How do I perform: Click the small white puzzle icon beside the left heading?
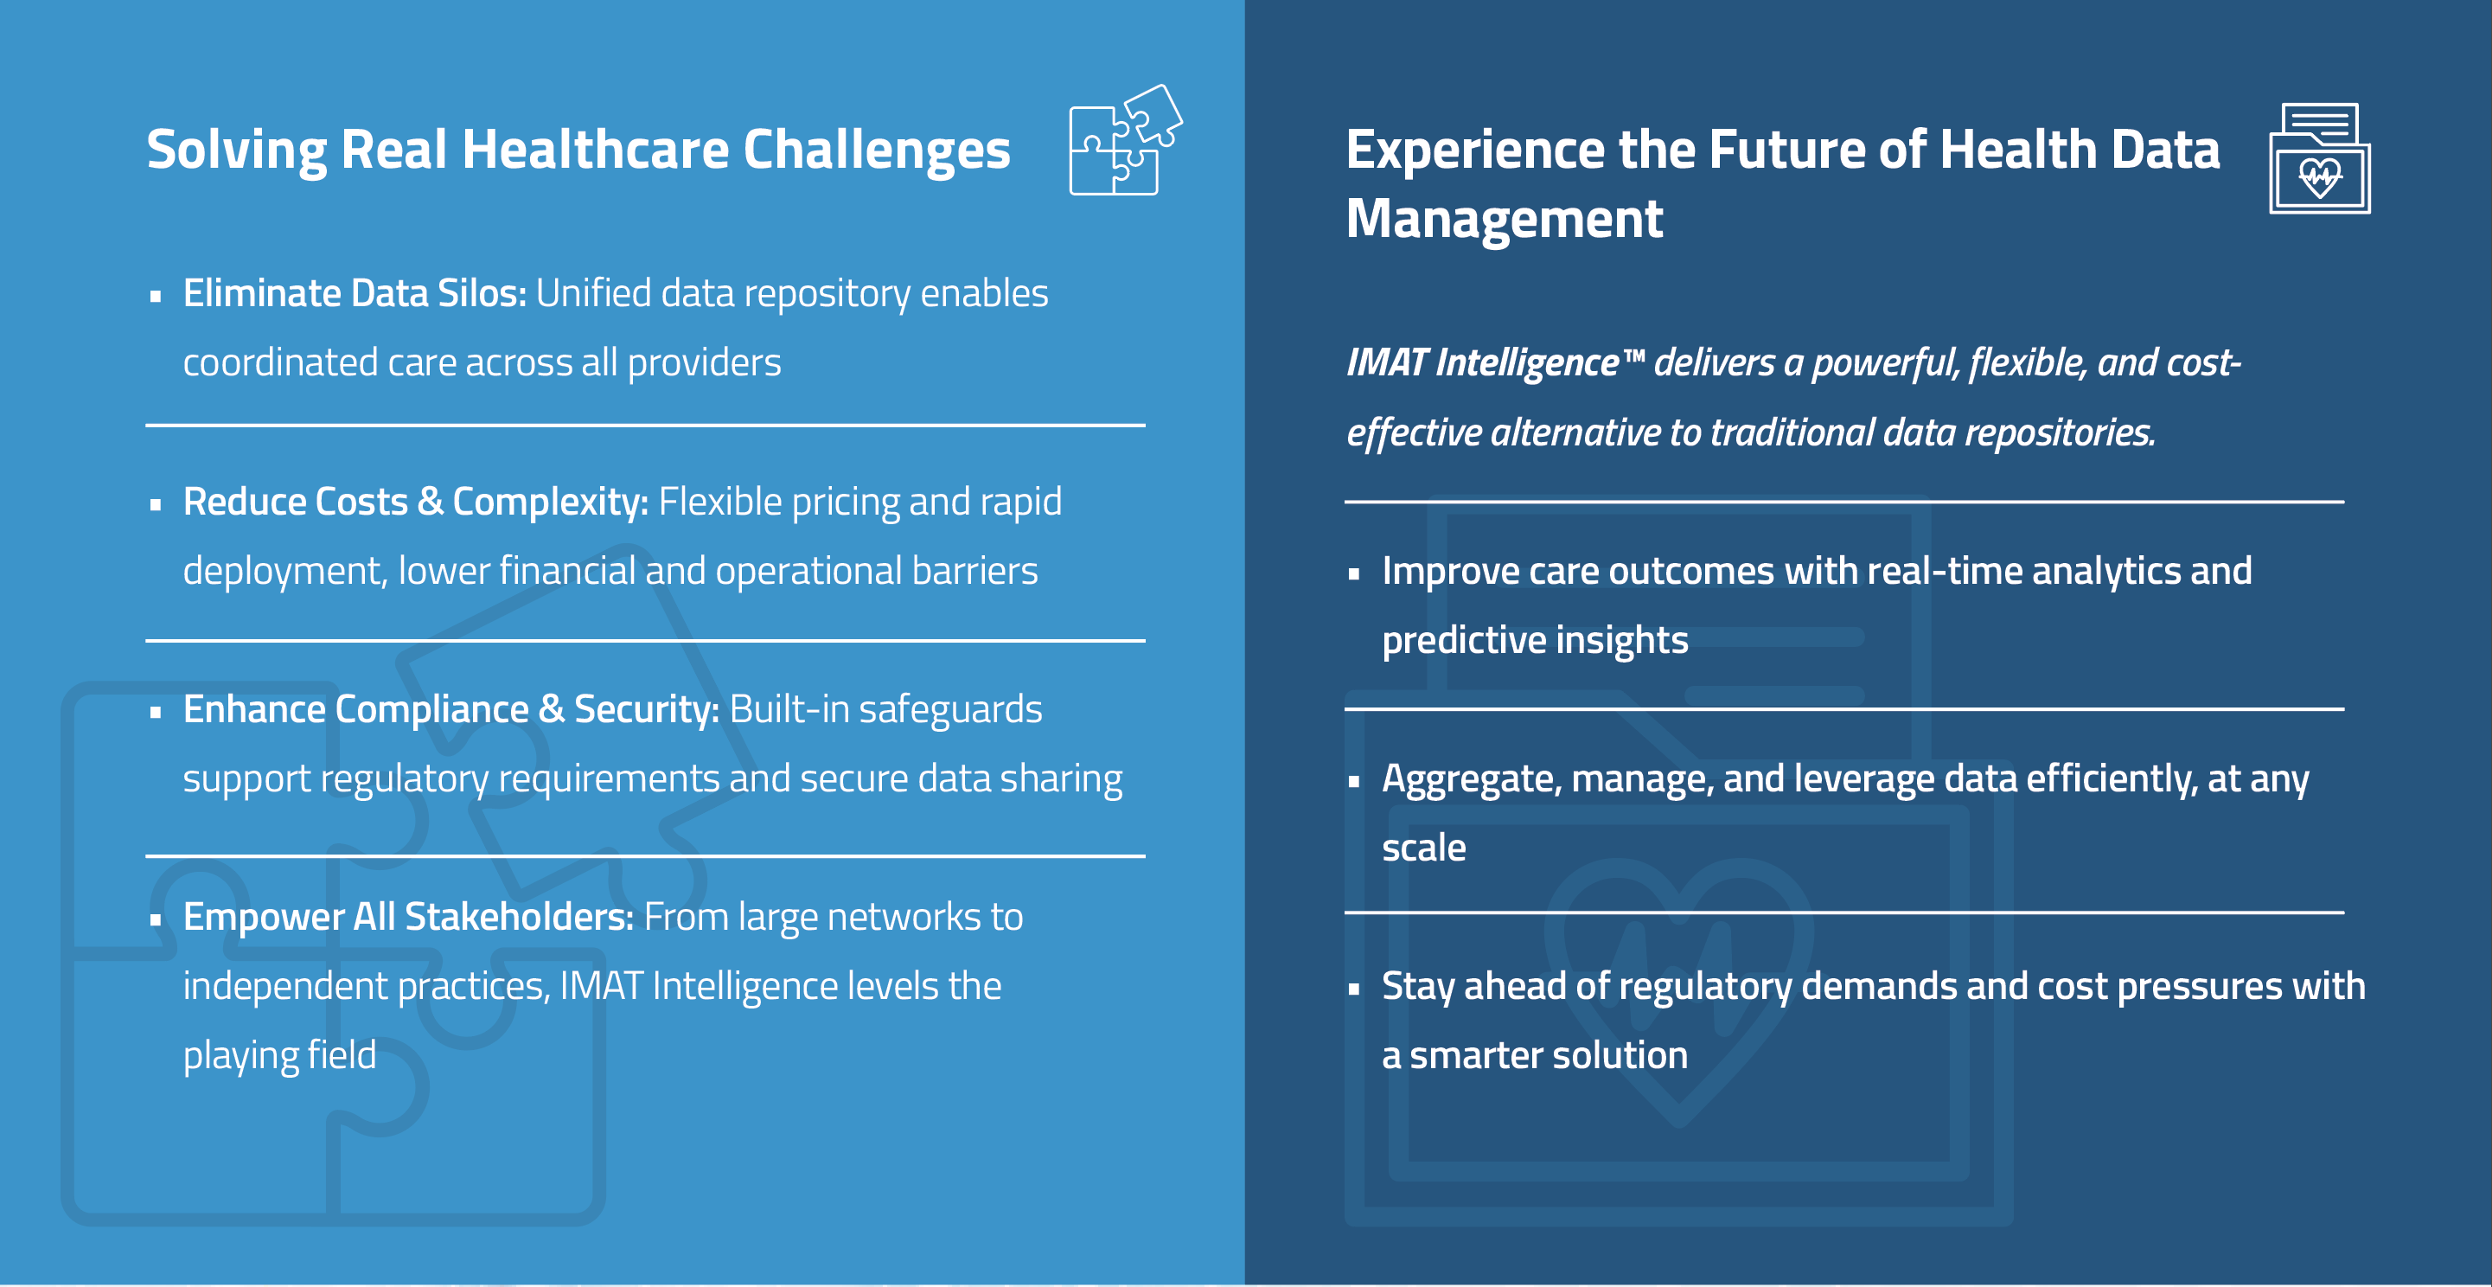coord(1125,140)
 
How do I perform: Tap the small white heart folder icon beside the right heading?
coord(2319,158)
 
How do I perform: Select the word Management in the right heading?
coord(1505,220)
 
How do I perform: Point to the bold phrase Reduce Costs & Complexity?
coord(415,503)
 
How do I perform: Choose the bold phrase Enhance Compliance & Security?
coord(450,710)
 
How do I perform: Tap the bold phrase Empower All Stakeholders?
coord(408,918)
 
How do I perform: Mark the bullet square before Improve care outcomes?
coord(1354,573)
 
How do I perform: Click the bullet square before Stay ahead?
coord(1354,989)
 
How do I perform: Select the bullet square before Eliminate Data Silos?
coord(155,297)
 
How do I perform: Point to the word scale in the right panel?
coord(1423,848)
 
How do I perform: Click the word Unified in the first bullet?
coord(594,293)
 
